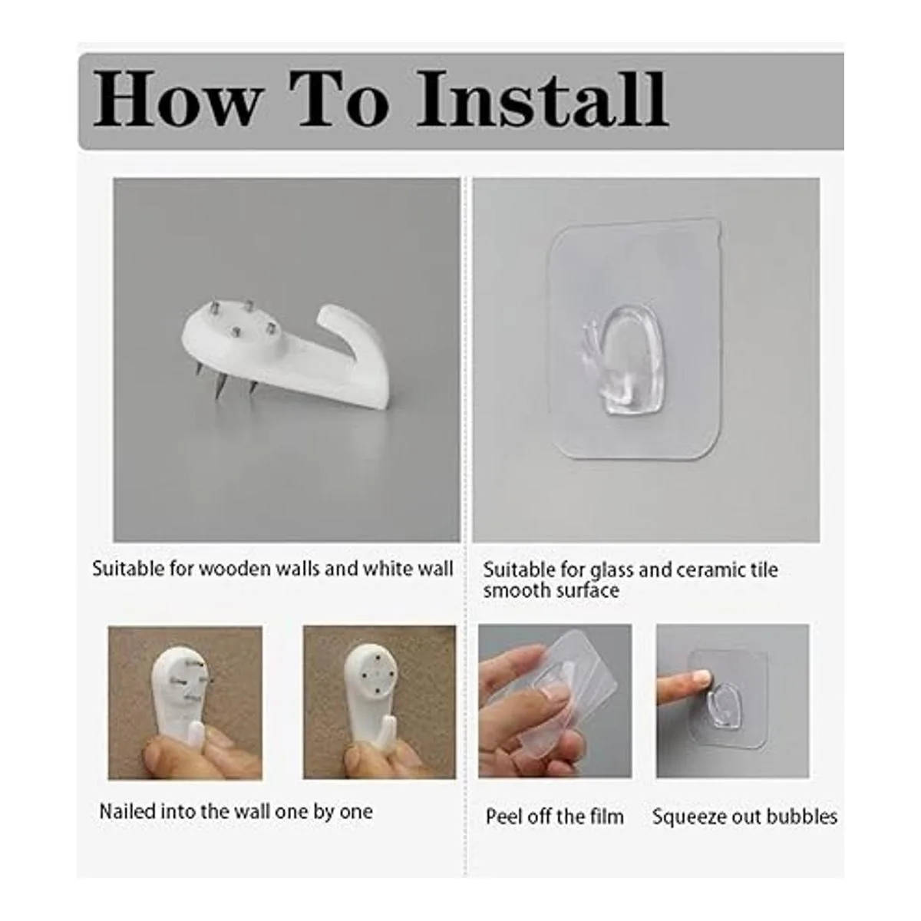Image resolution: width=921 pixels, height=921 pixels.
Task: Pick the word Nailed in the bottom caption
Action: click(127, 811)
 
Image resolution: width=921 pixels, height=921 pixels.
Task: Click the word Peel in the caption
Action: click(502, 817)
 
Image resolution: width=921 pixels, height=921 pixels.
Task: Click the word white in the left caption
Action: click(387, 569)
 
